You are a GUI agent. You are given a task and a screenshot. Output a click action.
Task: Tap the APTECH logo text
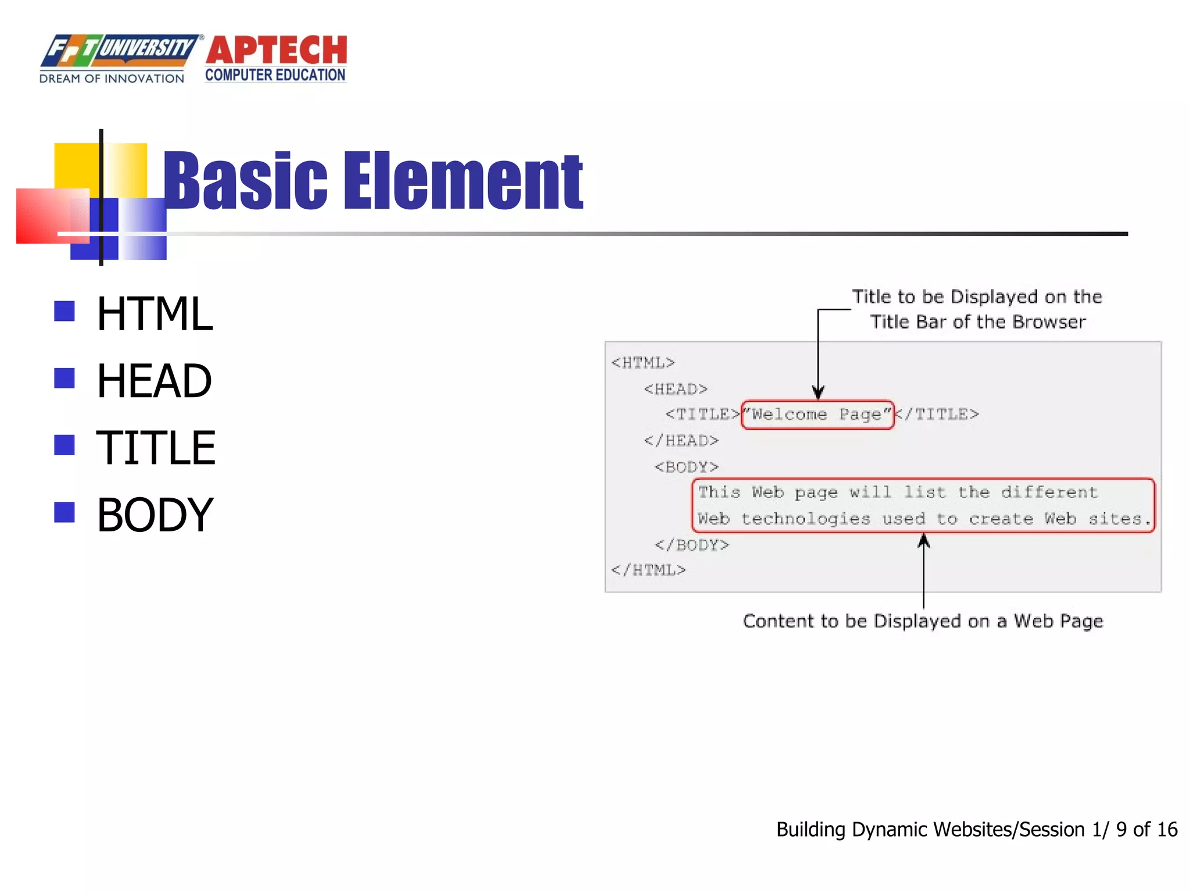pyautogui.click(x=276, y=51)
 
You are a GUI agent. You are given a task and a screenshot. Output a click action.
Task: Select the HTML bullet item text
pyautogui.click(x=155, y=314)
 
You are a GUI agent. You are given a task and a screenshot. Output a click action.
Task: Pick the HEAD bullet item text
pyautogui.click(x=154, y=381)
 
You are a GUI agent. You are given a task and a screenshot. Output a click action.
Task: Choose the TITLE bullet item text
pyautogui.click(x=156, y=448)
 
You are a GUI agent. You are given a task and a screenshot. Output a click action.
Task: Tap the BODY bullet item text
pyautogui.click(x=155, y=515)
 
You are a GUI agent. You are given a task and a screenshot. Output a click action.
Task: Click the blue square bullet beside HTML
pyautogui.click(x=64, y=311)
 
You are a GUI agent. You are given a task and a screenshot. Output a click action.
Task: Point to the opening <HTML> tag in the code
pyautogui.click(x=643, y=363)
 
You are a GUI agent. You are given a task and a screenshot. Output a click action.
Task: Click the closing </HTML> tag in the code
pyautogui.click(x=648, y=570)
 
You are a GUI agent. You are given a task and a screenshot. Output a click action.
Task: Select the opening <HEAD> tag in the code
pyautogui.click(x=675, y=389)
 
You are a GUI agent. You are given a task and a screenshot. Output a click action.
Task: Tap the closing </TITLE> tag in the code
pyautogui.click(x=937, y=415)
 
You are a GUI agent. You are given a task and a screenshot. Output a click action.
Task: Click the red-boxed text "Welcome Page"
pyautogui.click(x=818, y=415)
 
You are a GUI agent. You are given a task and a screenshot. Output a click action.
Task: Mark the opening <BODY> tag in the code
pyautogui.click(x=686, y=467)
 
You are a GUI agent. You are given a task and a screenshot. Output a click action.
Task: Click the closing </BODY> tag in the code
pyautogui.click(x=691, y=545)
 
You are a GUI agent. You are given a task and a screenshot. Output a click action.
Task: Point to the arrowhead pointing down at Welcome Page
pyautogui.click(x=818, y=392)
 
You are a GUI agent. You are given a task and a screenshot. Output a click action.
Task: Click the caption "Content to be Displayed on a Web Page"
pyautogui.click(x=923, y=621)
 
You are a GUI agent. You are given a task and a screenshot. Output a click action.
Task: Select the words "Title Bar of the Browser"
pyautogui.click(x=977, y=322)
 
